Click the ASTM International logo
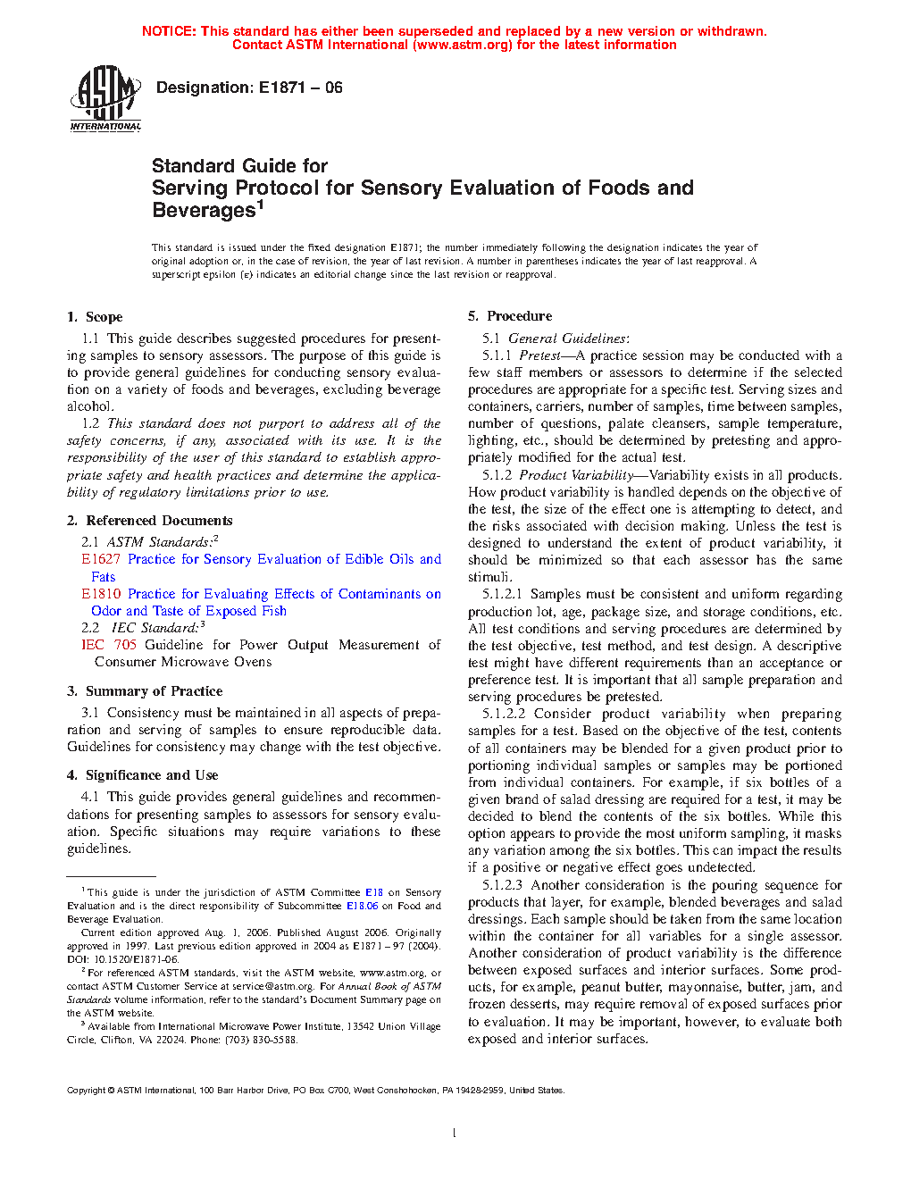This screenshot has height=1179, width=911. (105, 99)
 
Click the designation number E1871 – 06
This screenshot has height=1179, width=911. (300, 88)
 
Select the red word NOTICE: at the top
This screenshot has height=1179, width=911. (169, 31)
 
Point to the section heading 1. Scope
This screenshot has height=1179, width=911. (95, 317)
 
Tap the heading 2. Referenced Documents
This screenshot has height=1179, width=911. (149, 521)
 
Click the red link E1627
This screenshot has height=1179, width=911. (100, 559)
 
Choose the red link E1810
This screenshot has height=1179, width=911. (100, 594)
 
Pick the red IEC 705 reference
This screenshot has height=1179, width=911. (109, 645)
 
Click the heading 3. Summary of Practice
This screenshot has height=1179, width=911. (145, 691)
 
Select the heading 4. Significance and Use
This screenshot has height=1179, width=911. (142, 775)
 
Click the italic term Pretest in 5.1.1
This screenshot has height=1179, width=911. (539, 355)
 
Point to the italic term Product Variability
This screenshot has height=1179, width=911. (575, 475)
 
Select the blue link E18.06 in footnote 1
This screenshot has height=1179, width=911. (362, 906)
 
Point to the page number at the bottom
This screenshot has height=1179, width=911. (455, 1133)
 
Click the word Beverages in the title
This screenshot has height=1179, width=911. (204, 211)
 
